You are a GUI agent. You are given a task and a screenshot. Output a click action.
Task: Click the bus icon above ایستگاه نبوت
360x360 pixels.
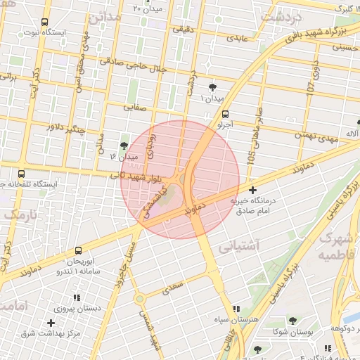pos(45,22)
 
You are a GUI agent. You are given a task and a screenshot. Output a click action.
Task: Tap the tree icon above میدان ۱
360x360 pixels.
pos(213,87)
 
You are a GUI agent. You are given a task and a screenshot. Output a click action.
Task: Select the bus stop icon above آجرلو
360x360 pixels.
pos(225,114)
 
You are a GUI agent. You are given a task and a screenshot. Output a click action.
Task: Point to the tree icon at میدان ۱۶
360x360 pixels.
pos(124,145)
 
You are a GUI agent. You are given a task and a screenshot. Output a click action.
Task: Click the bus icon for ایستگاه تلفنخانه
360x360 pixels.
pos(21,174)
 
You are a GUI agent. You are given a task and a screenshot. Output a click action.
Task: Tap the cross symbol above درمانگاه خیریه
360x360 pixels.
pos(253,190)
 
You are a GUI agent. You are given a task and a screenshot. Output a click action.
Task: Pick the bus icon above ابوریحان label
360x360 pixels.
pos(78,250)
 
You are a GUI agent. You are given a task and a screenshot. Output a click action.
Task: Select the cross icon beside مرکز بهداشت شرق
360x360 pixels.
pos(51,323)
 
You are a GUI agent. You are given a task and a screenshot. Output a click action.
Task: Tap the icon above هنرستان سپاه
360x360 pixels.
pos(236,309)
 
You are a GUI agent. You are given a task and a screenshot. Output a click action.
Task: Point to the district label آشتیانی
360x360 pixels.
pos(239,246)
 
